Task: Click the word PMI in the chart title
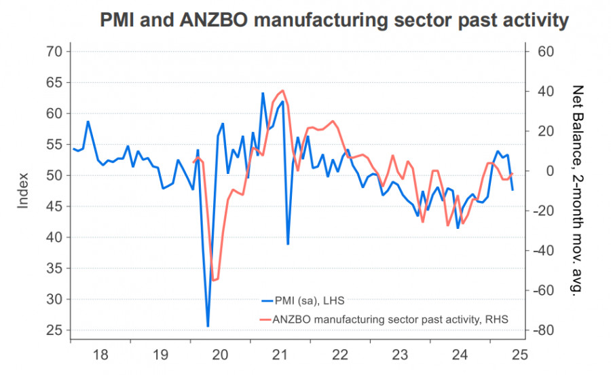tap(122, 20)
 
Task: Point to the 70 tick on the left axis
tap(55, 52)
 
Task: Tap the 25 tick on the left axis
tap(55, 330)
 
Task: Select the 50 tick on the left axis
tap(55, 175)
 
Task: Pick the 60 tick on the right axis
tap(545, 52)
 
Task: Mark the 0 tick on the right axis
tap(541, 171)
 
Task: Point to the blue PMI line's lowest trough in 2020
tap(208, 327)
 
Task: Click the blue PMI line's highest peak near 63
tap(263, 93)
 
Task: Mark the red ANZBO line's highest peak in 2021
tap(282, 90)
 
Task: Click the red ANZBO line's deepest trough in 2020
tap(213, 280)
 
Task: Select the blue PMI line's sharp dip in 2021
tap(288, 244)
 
